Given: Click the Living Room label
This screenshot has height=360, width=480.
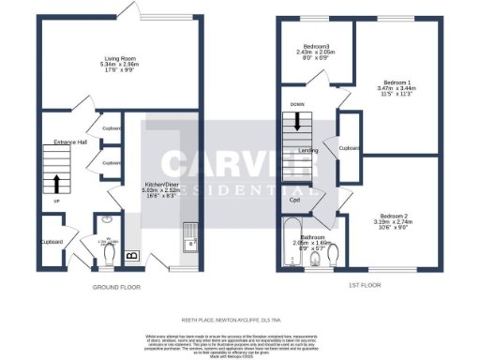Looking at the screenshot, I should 118,58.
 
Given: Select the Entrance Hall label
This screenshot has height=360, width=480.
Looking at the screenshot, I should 69,142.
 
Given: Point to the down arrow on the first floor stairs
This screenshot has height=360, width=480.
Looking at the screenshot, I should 298,121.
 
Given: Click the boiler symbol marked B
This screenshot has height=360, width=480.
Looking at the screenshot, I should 130,253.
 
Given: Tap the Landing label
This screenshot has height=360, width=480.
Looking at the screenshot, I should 307,150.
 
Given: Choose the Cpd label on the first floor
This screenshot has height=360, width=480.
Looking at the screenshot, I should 294,199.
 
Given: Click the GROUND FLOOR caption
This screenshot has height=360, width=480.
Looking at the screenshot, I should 118,287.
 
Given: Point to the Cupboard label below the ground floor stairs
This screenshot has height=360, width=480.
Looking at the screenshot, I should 52,242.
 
